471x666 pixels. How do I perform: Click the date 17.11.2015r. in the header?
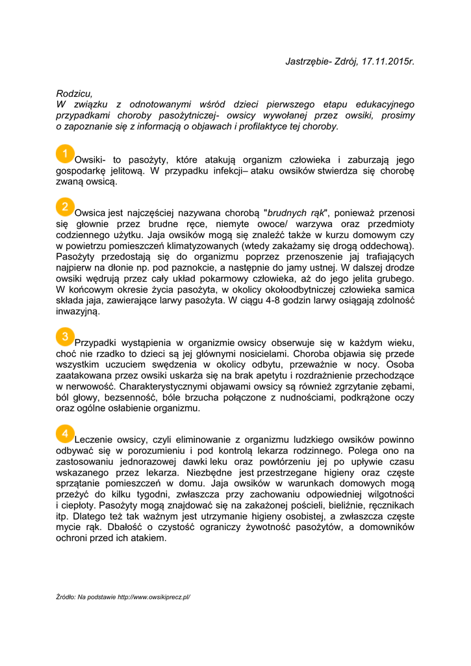[388, 61]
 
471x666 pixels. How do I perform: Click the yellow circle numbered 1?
[65, 154]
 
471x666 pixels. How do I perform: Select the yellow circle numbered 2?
[65, 207]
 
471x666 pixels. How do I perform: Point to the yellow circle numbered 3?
[65, 337]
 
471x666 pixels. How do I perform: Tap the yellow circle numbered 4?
[65, 433]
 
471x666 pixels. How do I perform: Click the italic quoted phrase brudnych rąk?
[296, 213]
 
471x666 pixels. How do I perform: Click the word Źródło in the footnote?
[66, 596]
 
